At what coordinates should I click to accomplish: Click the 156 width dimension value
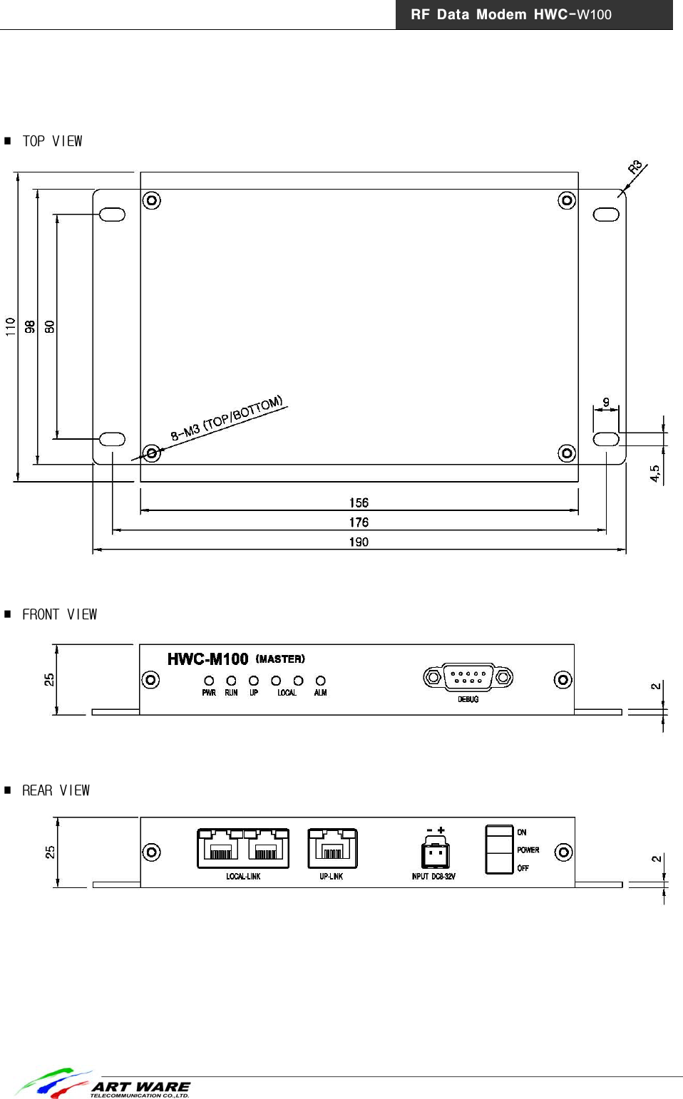point(359,502)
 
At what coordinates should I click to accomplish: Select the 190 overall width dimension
point(359,542)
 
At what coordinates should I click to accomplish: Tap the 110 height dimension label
point(11,326)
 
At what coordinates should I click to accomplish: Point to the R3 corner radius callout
point(635,168)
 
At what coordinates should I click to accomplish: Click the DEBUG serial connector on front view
point(468,677)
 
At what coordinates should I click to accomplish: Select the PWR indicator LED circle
point(209,681)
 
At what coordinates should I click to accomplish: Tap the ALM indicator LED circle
point(321,681)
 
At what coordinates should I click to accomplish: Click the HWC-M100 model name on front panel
point(207,659)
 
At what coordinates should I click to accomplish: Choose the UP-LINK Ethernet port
point(332,848)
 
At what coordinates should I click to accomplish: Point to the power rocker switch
point(499,849)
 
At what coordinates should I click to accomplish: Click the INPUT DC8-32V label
point(433,877)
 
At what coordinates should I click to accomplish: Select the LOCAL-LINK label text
point(243,877)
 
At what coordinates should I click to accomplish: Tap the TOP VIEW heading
point(52,141)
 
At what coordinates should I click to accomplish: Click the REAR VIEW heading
point(56,790)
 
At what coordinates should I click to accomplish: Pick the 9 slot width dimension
point(606,403)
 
